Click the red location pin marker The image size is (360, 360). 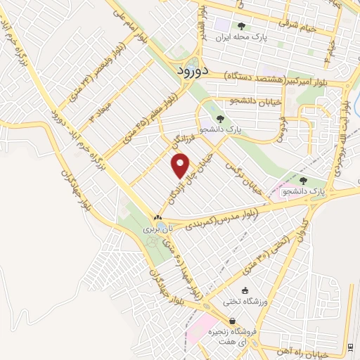[181, 165]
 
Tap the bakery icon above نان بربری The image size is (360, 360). [158, 218]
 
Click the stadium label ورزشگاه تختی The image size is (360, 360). [243, 302]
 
